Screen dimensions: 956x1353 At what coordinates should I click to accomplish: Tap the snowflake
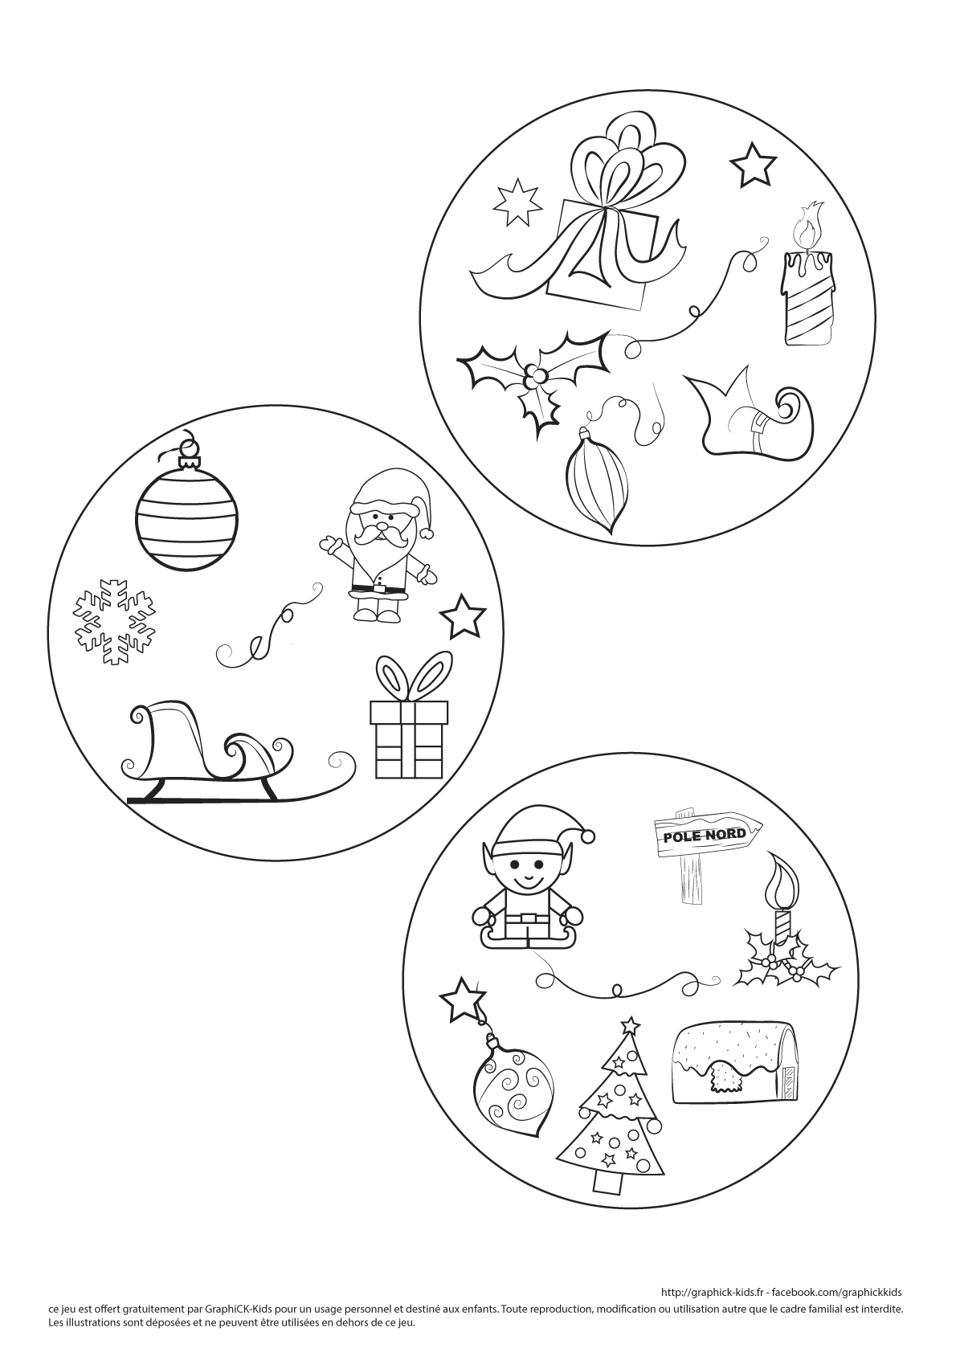coord(113,622)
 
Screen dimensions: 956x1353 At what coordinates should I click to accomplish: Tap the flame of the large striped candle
coord(809,225)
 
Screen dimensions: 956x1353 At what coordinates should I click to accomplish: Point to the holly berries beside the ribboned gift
coord(534,377)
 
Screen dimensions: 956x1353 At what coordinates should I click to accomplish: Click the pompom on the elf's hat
coord(585,837)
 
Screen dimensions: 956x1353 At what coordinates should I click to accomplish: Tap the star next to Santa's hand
coord(463,616)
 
